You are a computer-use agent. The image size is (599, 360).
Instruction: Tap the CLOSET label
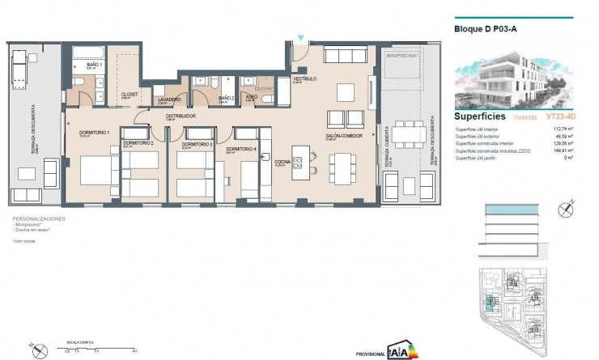[130, 95]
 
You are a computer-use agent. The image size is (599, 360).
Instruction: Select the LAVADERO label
[168, 99]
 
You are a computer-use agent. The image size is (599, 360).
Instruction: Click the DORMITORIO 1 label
[84, 133]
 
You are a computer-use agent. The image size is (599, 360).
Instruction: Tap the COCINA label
[282, 162]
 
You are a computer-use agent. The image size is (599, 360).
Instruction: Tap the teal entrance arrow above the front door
[301, 37]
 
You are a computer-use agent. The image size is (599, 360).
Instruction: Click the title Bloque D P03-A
[483, 31]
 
